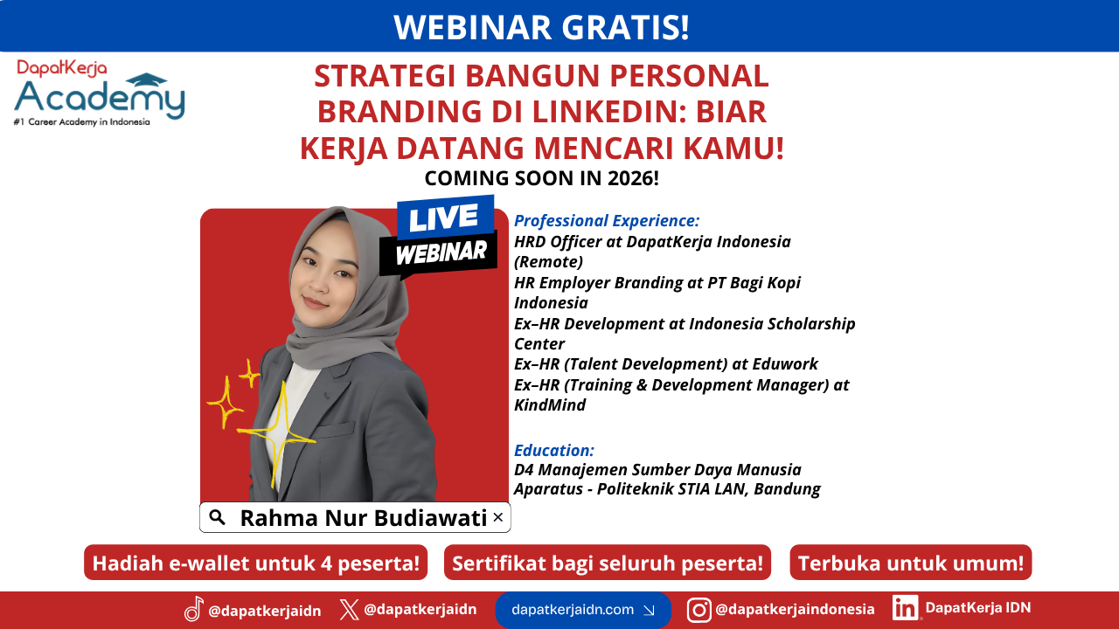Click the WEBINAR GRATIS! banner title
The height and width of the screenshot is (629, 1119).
(x=541, y=27)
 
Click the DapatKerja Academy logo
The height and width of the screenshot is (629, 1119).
(x=100, y=93)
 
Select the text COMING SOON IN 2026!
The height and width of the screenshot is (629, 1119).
(x=541, y=178)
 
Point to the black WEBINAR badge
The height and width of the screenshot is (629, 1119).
(x=440, y=252)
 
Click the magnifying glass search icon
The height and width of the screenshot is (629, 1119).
(x=218, y=517)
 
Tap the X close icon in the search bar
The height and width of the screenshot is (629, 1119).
(x=497, y=517)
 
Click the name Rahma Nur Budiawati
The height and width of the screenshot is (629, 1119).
(x=363, y=518)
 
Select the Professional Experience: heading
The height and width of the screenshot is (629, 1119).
(x=607, y=221)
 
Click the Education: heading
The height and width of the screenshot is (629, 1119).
(x=554, y=450)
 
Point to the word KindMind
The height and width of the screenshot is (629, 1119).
(x=550, y=404)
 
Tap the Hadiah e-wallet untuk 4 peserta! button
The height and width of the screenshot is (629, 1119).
(x=256, y=563)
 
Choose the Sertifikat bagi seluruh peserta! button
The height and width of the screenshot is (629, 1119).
(x=608, y=563)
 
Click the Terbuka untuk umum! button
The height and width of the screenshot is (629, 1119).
(x=911, y=563)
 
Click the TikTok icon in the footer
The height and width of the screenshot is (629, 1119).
(x=194, y=609)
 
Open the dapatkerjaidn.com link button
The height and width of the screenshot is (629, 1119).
(x=583, y=610)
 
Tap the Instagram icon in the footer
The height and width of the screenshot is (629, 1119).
(x=699, y=610)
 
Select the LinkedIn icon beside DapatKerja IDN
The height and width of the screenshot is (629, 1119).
(x=905, y=607)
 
